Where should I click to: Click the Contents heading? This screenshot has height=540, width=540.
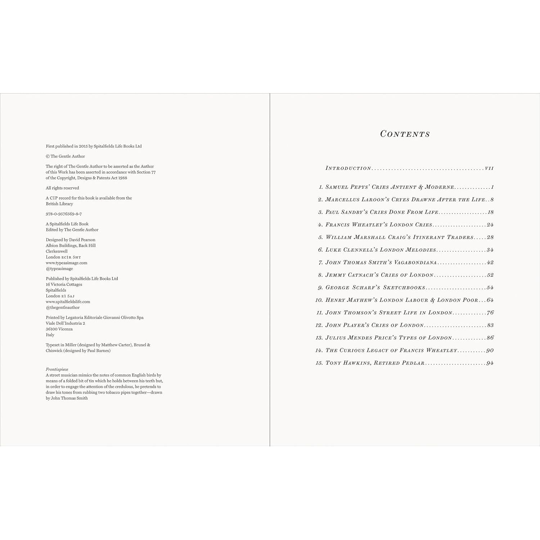405,134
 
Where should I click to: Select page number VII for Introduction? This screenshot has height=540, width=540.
489,168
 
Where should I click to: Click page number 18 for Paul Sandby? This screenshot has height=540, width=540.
490,212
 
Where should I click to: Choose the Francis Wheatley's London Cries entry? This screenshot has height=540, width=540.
379,225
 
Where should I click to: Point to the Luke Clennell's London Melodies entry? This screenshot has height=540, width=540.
381,250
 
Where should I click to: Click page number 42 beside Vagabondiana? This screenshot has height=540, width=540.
490,262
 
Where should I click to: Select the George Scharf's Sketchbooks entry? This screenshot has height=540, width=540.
375,288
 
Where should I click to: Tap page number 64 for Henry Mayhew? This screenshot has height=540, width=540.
490,300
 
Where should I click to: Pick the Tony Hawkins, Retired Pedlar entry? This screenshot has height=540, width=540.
375,363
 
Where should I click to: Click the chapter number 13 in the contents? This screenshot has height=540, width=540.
319,338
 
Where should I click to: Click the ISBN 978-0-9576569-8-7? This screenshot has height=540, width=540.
64,214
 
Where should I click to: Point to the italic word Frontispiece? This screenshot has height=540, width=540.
57,369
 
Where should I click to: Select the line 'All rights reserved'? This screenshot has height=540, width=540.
62,188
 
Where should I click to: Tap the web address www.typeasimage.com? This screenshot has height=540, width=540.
67,263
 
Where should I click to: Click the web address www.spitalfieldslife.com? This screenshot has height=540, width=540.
68,302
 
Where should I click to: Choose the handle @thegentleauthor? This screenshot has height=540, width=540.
63,307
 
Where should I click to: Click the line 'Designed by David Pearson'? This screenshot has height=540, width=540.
71,240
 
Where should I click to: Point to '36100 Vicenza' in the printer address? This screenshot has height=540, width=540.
59,329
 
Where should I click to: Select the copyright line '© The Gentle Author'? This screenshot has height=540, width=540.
66,156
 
